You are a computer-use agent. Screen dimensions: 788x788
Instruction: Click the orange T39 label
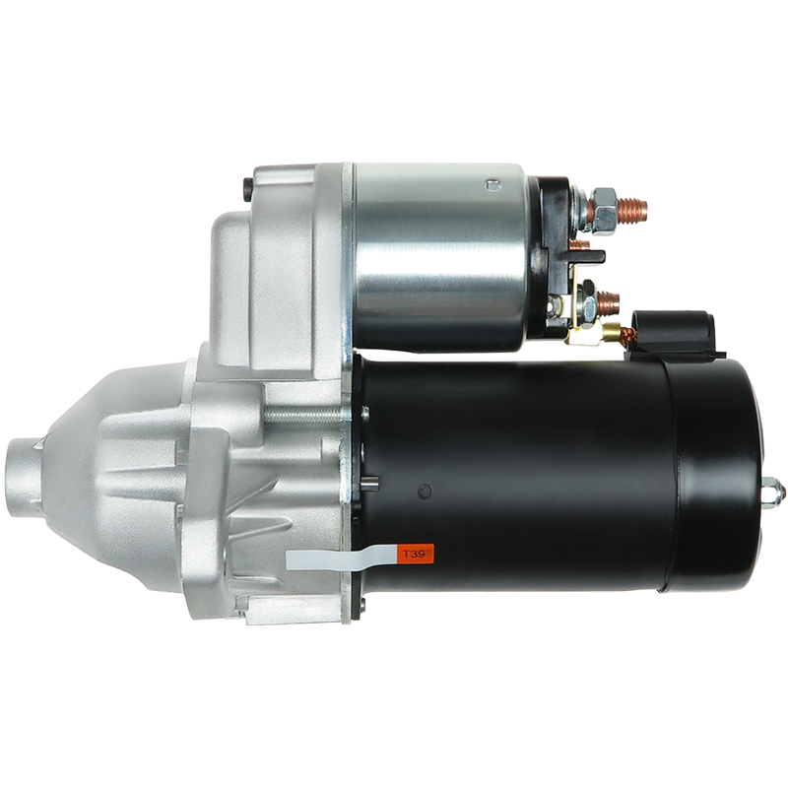pyautogui.click(x=415, y=554)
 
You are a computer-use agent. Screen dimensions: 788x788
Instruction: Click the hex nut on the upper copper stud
pyautogui.click(x=605, y=212)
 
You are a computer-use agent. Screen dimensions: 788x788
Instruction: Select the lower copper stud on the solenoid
pyautogui.click(x=608, y=304)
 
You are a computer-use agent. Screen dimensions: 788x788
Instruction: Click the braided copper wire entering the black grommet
pyautogui.click(x=627, y=336)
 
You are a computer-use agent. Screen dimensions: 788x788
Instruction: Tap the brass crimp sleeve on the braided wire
pyautogui.click(x=611, y=332)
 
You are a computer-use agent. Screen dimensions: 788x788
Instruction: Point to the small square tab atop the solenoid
pyautogui.click(x=493, y=185)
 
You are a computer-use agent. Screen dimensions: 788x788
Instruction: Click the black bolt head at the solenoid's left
pyautogui.click(x=247, y=190)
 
